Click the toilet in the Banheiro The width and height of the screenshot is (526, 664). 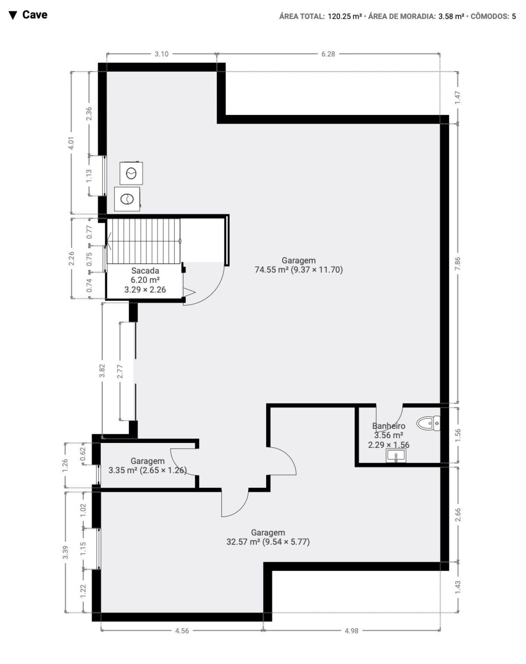(x=428, y=423)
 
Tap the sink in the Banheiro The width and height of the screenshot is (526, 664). (x=396, y=455)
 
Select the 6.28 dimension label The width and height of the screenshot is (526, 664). (x=328, y=54)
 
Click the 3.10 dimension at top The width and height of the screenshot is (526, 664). (x=161, y=54)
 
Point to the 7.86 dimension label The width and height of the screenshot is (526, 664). (x=458, y=263)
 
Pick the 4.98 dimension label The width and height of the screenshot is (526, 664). (x=352, y=631)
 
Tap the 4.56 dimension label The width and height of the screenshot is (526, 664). (x=182, y=631)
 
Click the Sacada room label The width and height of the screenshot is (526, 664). (x=145, y=271)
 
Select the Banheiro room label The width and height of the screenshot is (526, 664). (x=389, y=426)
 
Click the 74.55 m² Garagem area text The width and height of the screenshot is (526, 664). (x=299, y=270)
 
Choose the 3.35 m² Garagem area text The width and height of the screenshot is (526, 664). (x=147, y=470)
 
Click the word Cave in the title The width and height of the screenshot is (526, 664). (x=35, y=14)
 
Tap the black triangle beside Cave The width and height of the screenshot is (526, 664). (x=13, y=15)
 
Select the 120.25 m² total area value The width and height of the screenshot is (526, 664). (x=345, y=16)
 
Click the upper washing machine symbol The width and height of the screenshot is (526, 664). (x=131, y=173)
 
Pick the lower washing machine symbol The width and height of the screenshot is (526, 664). (x=127, y=199)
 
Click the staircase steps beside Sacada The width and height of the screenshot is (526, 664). (x=143, y=241)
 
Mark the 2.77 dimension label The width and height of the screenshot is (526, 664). (x=120, y=371)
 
